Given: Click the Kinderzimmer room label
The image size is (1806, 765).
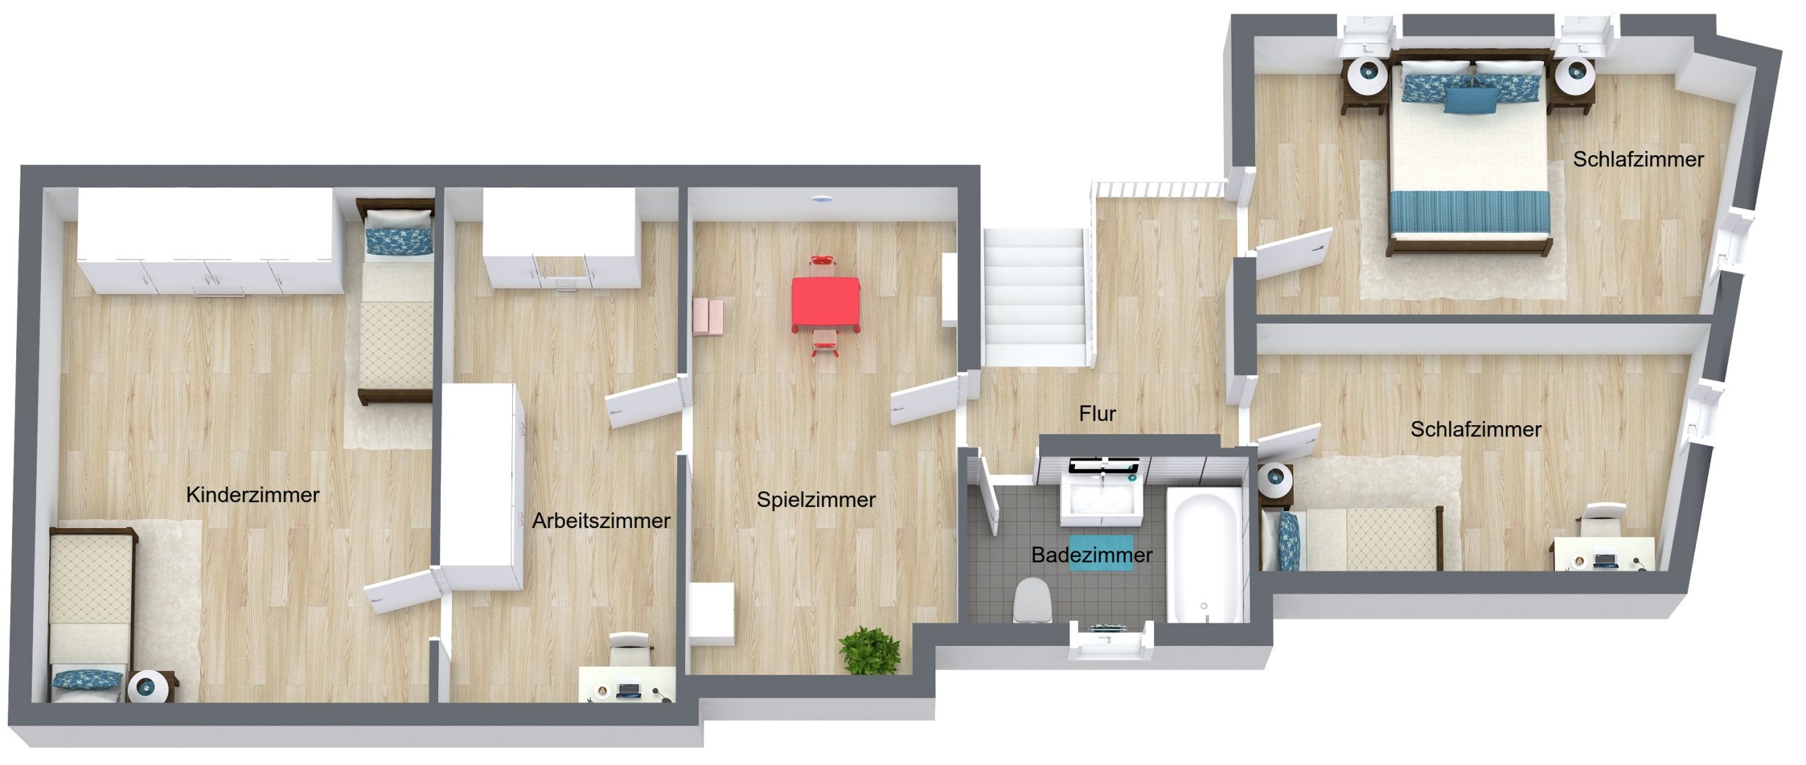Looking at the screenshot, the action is click(x=253, y=494).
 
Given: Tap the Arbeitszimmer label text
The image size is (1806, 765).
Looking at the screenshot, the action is click(x=601, y=520).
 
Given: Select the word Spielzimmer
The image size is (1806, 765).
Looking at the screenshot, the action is click(x=816, y=500).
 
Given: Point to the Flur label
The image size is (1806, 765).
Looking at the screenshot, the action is click(x=1097, y=413).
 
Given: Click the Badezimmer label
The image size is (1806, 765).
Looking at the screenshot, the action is click(x=1091, y=555).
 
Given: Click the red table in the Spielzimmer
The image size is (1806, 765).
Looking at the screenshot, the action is click(x=825, y=304).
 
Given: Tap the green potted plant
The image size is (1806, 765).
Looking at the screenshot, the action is click(x=871, y=650).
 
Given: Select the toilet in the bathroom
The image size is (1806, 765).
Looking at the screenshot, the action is click(x=1032, y=601).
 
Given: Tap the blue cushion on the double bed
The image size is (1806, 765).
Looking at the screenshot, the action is click(x=1470, y=100).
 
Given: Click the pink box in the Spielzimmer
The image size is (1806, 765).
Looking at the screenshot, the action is click(x=709, y=317).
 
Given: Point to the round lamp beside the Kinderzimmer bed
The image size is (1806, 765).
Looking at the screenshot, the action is click(x=148, y=686).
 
